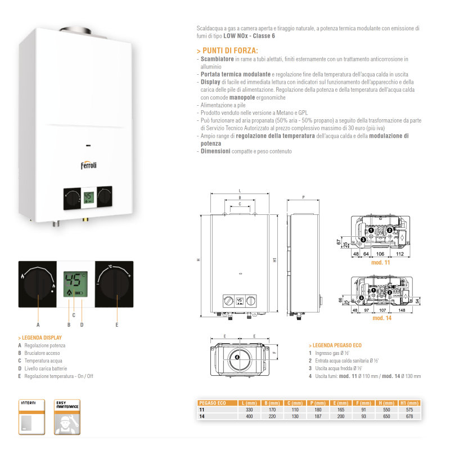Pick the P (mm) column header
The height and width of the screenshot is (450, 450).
(x=318, y=403)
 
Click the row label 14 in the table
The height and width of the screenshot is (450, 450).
(x=201, y=416)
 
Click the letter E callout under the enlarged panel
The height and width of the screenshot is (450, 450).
(x=117, y=325)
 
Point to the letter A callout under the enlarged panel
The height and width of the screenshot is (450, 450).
(x=38, y=325)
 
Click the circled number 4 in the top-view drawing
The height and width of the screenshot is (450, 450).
(x=237, y=357)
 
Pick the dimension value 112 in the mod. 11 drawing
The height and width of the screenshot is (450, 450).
(x=399, y=254)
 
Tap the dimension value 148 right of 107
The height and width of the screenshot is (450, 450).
(x=403, y=310)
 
